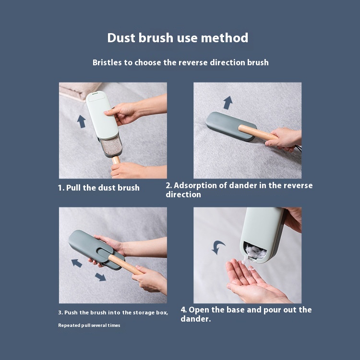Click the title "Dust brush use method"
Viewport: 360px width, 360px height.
[178, 37]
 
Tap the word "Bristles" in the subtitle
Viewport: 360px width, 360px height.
[107, 62]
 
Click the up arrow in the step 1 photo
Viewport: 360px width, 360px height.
[81, 121]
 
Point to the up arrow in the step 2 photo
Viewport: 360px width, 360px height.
[228, 102]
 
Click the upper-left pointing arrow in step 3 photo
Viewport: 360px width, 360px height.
[77, 263]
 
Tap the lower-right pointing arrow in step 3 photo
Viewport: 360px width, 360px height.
[101, 277]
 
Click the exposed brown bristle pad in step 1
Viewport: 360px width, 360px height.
[111, 146]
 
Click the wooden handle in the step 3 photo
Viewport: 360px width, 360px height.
[125, 264]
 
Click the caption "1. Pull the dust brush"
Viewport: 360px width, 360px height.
[99, 188]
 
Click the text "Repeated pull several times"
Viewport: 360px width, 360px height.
[89, 325]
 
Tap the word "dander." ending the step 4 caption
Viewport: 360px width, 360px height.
[196, 319]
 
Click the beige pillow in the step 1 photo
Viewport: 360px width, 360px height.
[79, 91]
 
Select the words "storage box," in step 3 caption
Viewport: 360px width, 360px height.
[150, 312]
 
